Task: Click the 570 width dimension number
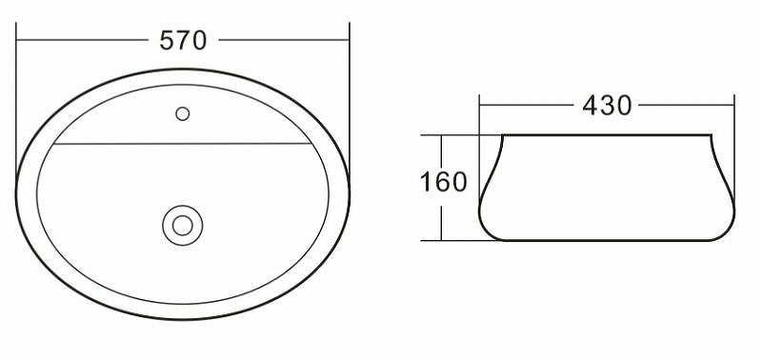point(184,41)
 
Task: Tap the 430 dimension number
point(607,106)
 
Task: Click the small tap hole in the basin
point(183,114)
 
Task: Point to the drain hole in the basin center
point(182,225)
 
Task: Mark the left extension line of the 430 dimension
point(479,114)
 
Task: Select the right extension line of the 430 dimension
point(735,114)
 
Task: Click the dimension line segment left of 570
point(86,41)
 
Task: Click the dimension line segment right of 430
point(686,105)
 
